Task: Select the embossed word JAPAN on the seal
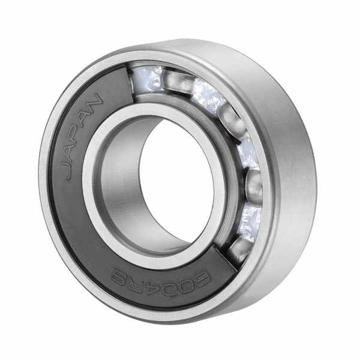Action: tap(83, 137)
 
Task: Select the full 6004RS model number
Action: tap(160, 280)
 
